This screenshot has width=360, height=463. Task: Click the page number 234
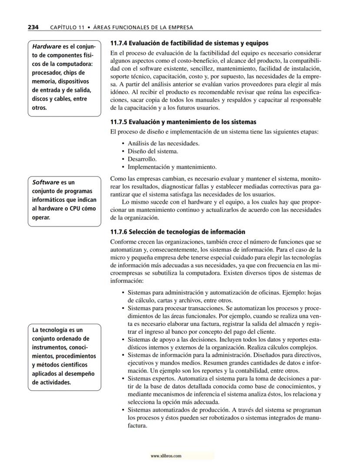click(x=33, y=27)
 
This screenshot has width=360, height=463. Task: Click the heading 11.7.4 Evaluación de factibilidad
click(x=189, y=43)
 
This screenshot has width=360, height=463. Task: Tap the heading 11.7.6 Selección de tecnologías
click(x=178, y=232)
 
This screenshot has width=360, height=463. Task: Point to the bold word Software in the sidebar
click(x=46, y=182)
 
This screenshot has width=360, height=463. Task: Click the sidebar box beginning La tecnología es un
click(x=64, y=356)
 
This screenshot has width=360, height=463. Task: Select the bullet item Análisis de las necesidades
click(x=163, y=143)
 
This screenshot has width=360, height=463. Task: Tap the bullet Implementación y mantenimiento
click(x=172, y=167)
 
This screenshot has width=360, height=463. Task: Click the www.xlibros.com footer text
click(x=166, y=456)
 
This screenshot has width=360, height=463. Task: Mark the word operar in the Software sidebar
click(x=41, y=217)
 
